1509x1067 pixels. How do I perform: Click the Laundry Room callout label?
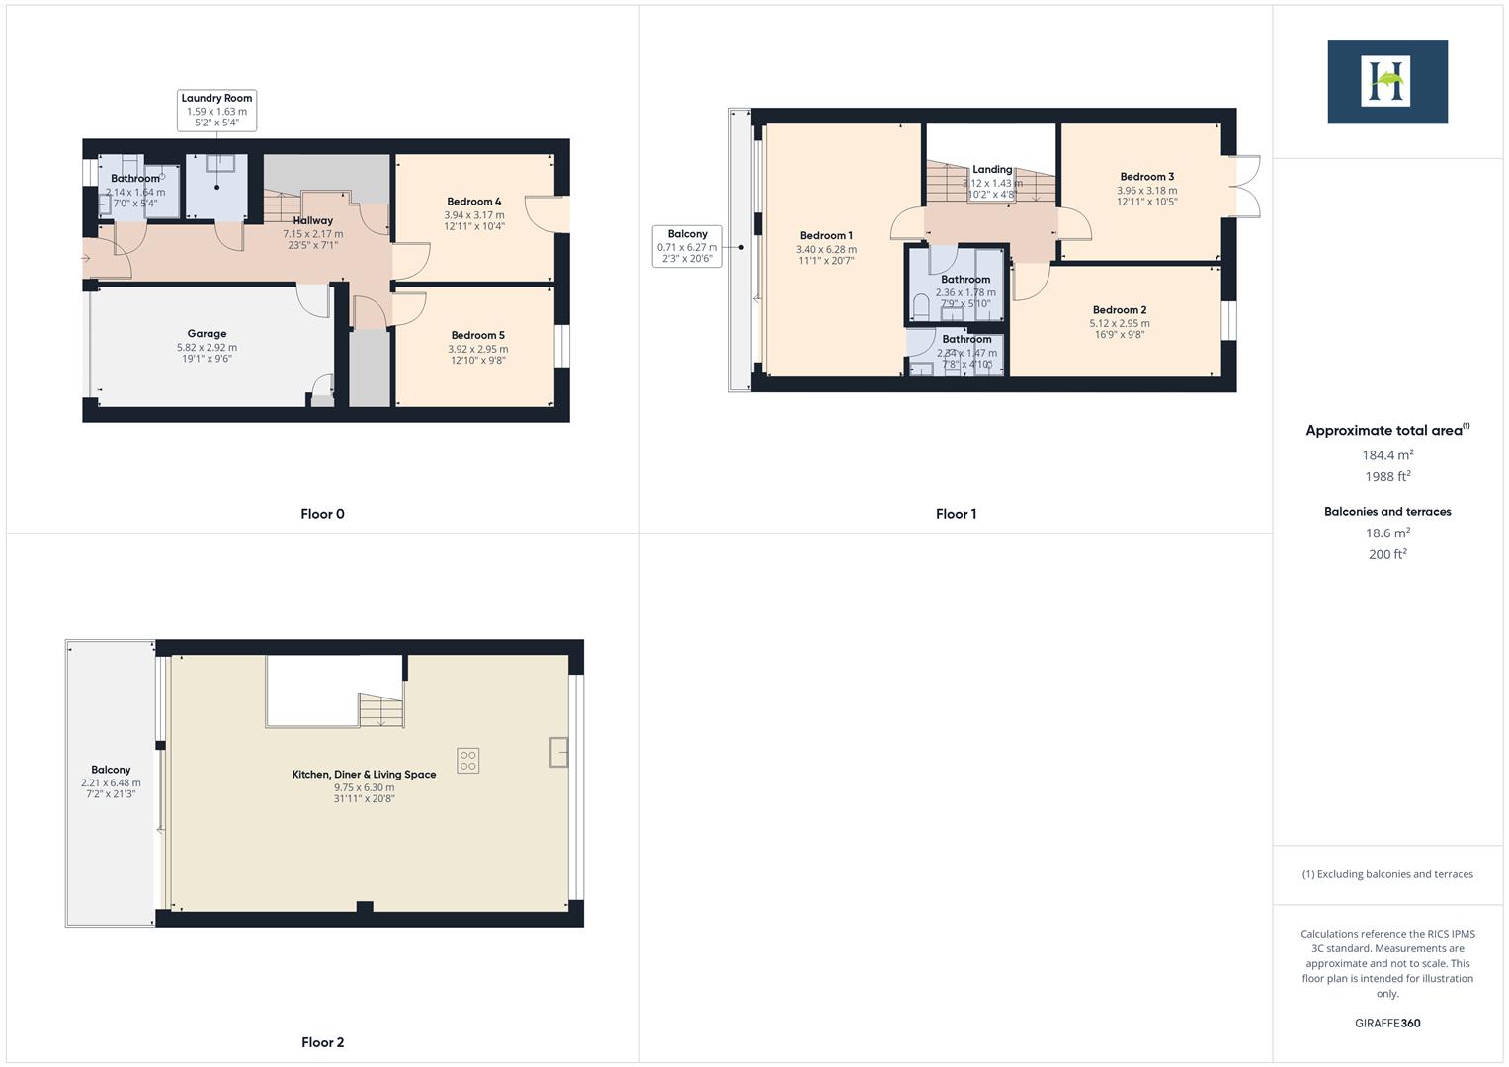pos(216,111)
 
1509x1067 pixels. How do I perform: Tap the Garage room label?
pos(207,334)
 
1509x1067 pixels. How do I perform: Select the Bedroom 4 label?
pos(473,202)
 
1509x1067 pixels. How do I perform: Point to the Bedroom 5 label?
pos(477,336)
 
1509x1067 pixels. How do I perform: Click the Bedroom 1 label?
pos(826,236)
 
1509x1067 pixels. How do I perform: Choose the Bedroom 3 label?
pos(1146,177)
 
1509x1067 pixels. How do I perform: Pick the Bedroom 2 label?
pos(1120,310)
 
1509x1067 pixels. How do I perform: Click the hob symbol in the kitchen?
pos(467,760)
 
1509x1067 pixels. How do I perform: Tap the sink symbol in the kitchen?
pos(559,752)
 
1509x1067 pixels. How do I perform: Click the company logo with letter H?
pos(1386,81)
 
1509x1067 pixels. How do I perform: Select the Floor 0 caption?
pos(322,514)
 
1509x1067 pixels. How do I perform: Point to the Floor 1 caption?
pos(956,514)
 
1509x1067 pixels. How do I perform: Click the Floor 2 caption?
pos(322,1042)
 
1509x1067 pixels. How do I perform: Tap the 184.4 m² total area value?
pos(1387,455)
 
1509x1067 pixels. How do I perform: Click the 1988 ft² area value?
pos(1387,477)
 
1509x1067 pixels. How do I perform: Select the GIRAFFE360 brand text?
pos(1386,1023)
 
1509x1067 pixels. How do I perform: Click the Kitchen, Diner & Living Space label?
pos(364,775)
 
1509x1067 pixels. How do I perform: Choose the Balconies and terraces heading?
pos(1387,512)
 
